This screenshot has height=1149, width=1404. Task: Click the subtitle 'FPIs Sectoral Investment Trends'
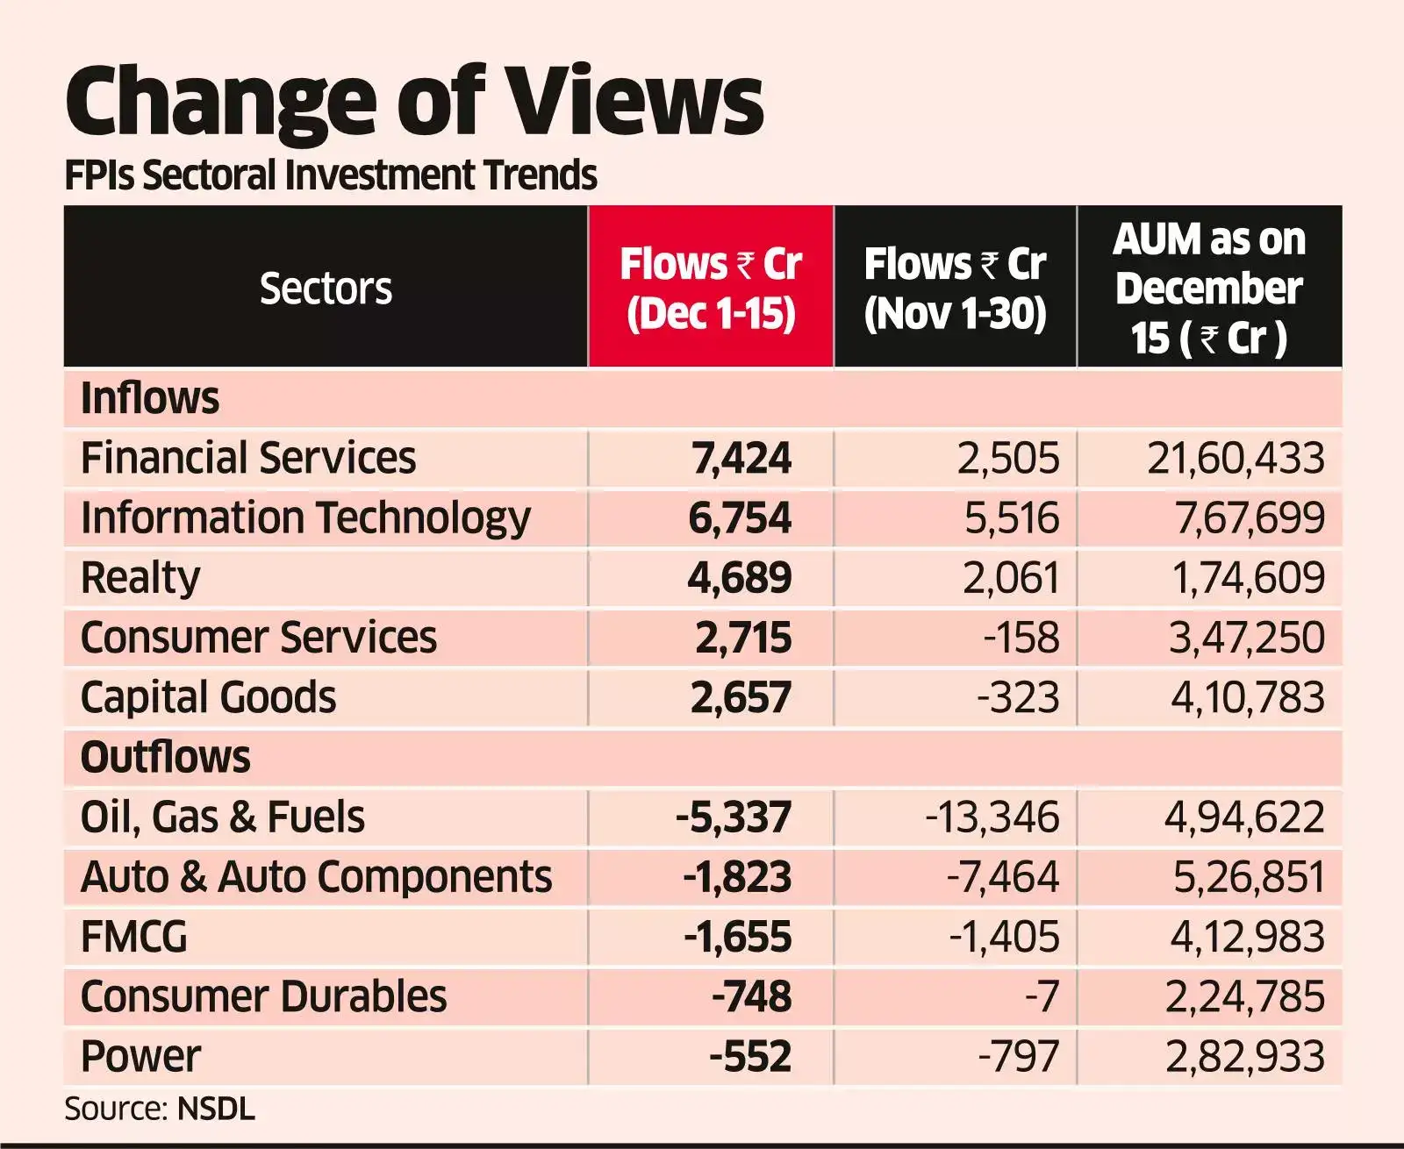pos(331,175)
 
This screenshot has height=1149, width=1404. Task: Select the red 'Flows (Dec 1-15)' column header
pos(711,288)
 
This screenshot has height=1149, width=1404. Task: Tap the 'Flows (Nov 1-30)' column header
pos(955,288)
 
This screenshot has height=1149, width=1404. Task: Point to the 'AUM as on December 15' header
pos(1209,288)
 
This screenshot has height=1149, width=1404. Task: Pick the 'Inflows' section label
pos(150,398)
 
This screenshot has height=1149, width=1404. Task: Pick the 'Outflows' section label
pos(165,757)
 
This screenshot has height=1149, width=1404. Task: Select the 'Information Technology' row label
pos(305,517)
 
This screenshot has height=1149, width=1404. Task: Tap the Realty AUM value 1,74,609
pos(1247,578)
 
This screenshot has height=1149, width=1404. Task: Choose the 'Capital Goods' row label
pos(208,697)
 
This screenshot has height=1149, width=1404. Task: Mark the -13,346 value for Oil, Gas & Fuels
pos(992,817)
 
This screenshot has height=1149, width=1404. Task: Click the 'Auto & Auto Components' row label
pos(316,877)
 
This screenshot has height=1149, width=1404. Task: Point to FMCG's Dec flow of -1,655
pos(737,937)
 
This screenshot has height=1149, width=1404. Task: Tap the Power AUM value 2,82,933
pos(1244,1056)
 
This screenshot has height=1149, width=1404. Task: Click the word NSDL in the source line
pos(216,1109)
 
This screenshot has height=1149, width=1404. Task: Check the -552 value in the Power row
pos(749,1056)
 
